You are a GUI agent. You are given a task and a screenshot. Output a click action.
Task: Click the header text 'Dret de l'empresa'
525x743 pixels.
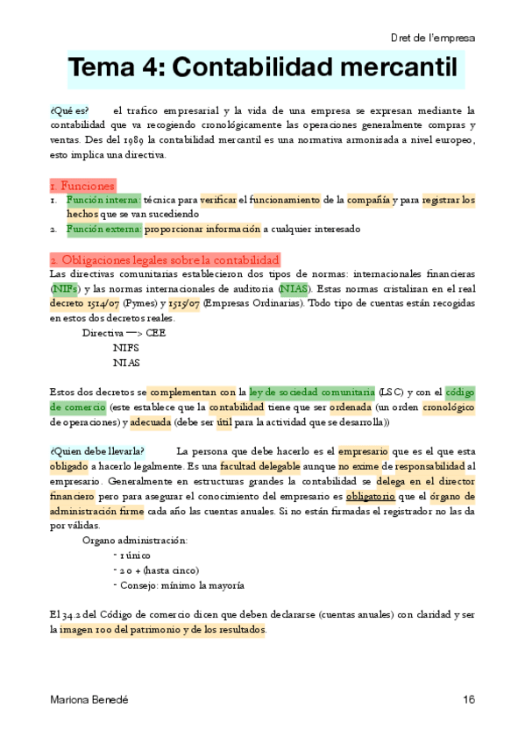point(432,39)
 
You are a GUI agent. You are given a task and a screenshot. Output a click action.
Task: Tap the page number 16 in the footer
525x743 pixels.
point(469,699)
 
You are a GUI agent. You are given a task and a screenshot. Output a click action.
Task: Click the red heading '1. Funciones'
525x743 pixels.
point(82,186)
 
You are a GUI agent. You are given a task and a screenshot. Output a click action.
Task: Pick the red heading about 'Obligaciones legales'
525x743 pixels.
point(165,260)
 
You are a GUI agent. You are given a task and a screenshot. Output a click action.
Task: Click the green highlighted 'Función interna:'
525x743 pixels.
point(103,200)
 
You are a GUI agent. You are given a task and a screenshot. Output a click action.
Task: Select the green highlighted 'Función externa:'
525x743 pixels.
point(103,230)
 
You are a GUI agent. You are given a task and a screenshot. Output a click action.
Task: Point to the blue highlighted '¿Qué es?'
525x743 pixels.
point(69,110)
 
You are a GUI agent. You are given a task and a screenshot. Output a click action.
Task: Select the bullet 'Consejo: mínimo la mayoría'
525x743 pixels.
point(180,585)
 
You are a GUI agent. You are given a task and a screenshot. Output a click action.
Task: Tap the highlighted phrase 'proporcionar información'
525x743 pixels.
point(202,230)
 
